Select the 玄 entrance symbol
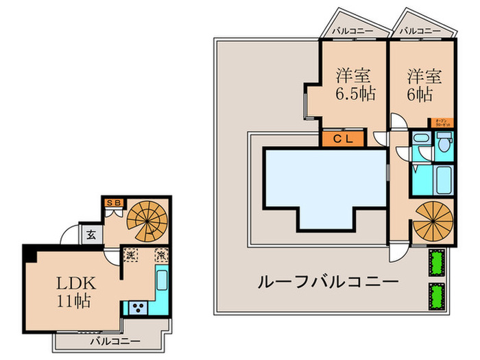coord(91,235)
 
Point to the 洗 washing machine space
coord(130,254)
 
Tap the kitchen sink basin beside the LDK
coord(163,282)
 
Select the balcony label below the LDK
coord(115,341)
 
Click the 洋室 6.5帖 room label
coord(355,84)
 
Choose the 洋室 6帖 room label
coord(422,84)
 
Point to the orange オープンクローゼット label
coord(443,123)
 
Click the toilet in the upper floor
coord(443,143)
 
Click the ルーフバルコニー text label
coord(328,282)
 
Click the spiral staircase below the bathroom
coord(432,222)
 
